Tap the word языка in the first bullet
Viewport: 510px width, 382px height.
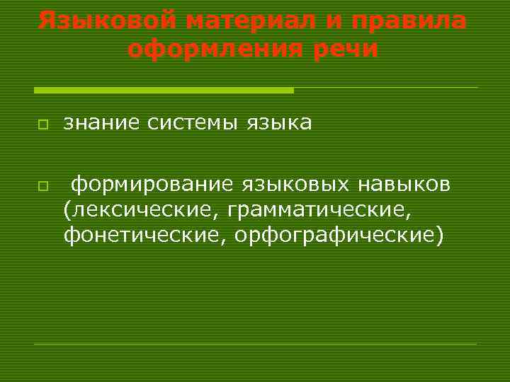[x=279, y=123]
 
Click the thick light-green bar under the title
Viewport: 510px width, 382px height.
[x=164, y=90]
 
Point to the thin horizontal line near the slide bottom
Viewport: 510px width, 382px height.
[x=256, y=344]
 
